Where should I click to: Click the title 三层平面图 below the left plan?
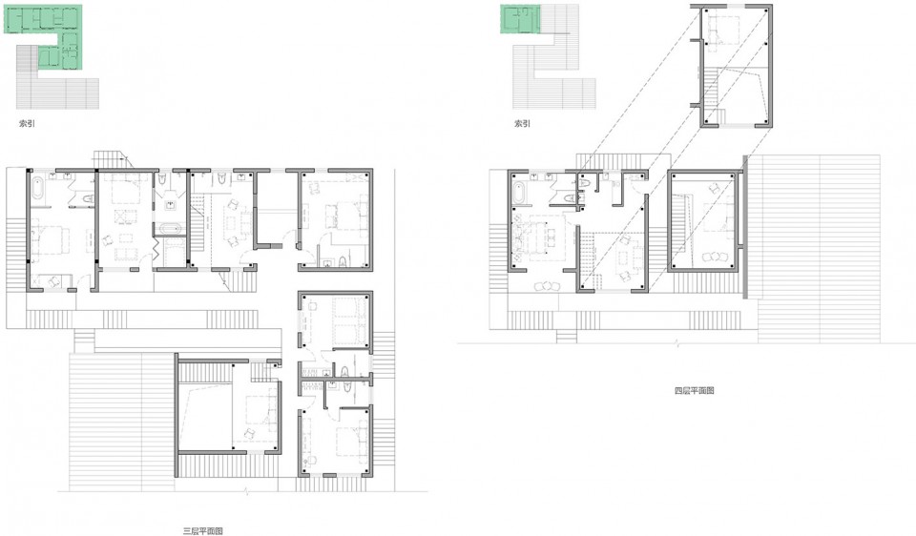tap(202, 530)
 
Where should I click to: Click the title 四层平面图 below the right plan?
tap(694, 391)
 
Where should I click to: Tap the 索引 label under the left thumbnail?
tap(27, 123)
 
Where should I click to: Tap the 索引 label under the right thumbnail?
tap(522, 123)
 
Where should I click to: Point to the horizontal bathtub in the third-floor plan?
tap(170, 229)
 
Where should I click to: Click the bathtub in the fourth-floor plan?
tap(519, 193)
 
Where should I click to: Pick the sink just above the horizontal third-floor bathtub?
tap(170, 205)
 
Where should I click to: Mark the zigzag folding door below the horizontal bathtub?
tap(157, 248)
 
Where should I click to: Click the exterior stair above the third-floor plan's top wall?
tap(109, 158)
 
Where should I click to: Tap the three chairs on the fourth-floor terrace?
tap(547, 286)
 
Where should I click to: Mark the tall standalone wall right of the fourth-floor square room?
tap(745, 227)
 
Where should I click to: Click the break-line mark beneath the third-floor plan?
tap(248, 491)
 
